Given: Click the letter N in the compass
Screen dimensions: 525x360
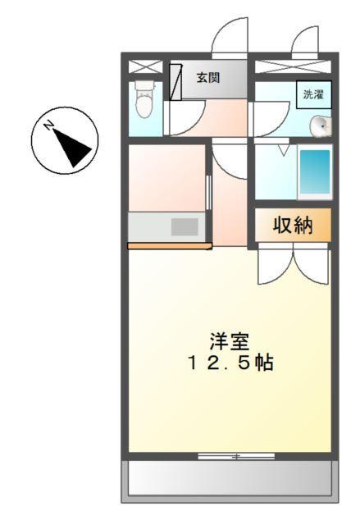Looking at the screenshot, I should coord(50,126).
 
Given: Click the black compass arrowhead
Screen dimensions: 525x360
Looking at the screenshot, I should coord(76,151).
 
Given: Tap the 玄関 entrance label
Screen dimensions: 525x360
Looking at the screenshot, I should coord(207,78).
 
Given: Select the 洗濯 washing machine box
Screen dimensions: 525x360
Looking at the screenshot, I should coord(313,94).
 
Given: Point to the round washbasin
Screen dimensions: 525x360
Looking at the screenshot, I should coord(320,126).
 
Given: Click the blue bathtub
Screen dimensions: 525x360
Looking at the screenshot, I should coord(314,171).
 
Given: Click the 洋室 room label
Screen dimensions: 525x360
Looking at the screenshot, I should coord(229,340).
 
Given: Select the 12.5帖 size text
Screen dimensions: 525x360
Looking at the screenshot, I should coord(229,363).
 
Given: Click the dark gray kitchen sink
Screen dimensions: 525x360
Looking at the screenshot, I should coord(185,226).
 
